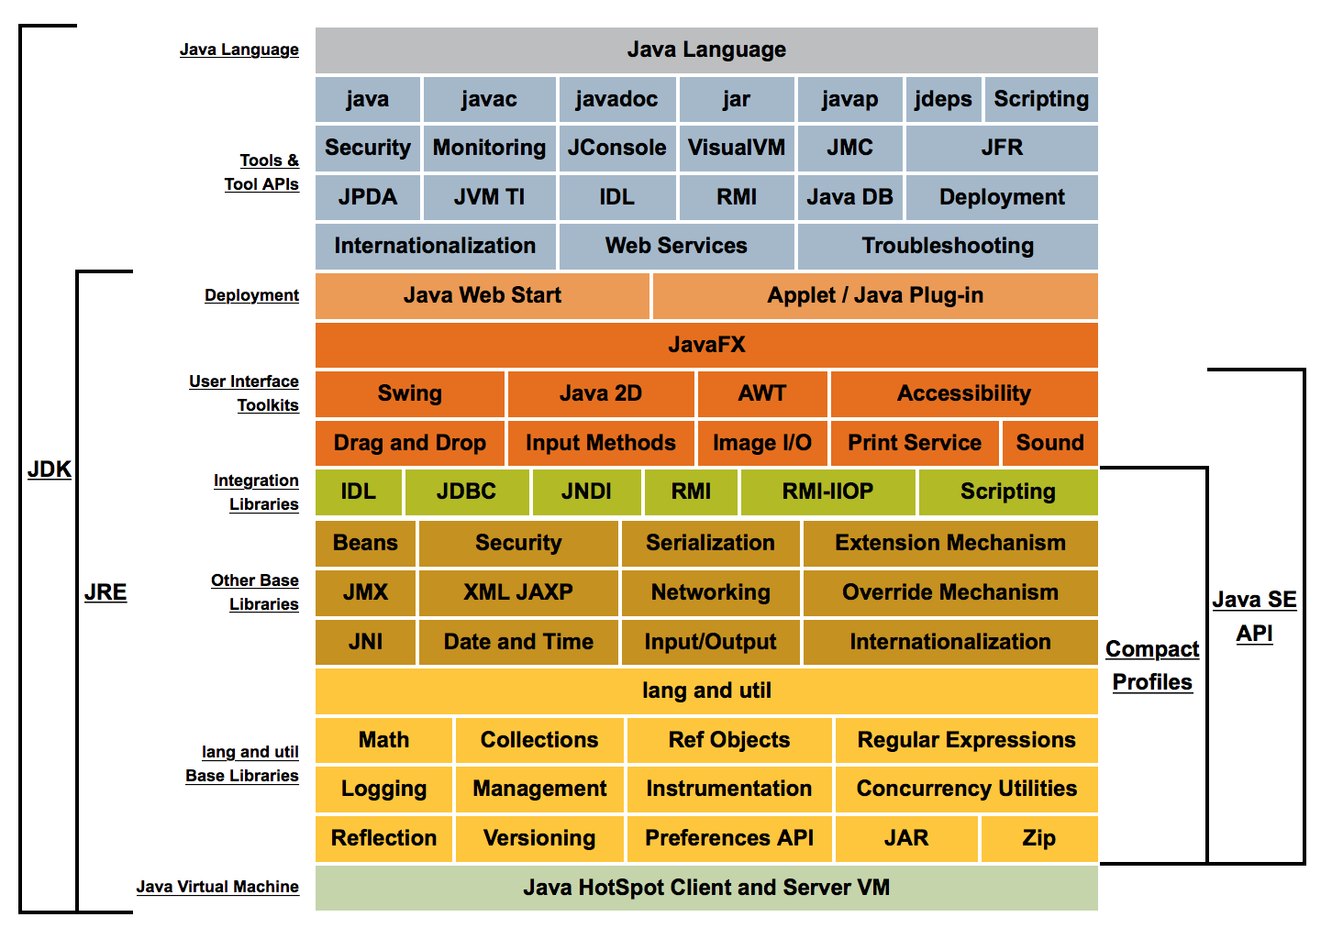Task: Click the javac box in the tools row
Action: pos(489,99)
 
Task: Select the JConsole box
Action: pos(616,148)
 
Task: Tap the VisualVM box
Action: pos(736,148)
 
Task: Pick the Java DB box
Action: pos(849,197)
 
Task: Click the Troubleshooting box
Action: pos(947,246)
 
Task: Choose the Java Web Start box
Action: pos(483,295)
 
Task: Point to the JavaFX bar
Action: pos(706,345)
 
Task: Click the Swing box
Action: pos(410,393)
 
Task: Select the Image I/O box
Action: pos(762,443)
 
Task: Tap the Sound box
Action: pos(1049,443)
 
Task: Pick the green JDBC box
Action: pos(466,492)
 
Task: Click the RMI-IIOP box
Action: pos(827,492)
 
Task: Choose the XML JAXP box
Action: pos(518,592)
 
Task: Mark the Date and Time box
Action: pos(518,642)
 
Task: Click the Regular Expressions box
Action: pos(966,740)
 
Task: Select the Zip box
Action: pos(1038,838)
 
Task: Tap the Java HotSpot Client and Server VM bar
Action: pos(706,888)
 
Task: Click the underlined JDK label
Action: pos(50,470)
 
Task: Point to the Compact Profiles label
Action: pos(1152,666)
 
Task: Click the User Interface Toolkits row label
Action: pos(245,393)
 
